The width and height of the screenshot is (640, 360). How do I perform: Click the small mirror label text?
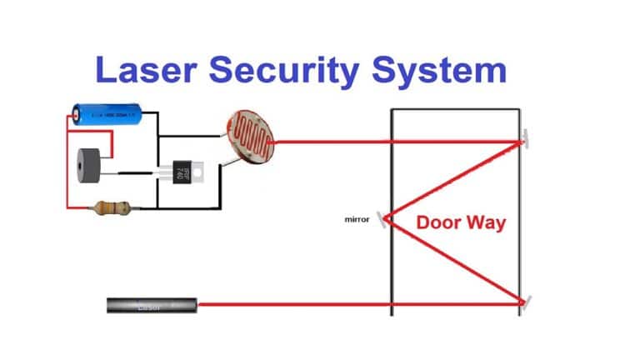pyautogui.click(x=357, y=220)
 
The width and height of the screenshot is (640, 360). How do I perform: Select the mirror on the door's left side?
pyautogui.click(x=384, y=219)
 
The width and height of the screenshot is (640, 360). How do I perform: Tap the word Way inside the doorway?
pyautogui.click(x=487, y=223)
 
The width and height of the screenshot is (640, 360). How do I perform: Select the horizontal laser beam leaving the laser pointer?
pyautogui.click(x=292, y=305)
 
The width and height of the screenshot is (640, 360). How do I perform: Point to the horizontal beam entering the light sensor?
pyautogui.click(x=333, y=141)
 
